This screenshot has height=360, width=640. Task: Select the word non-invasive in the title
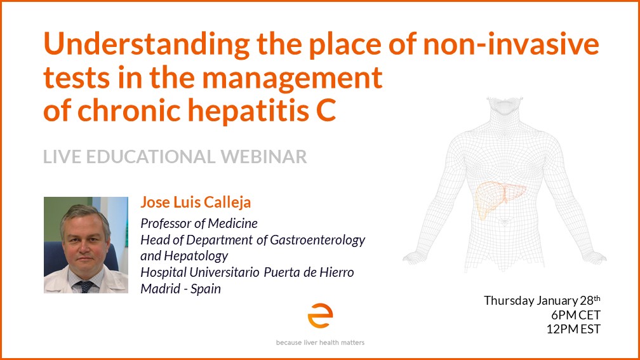511,44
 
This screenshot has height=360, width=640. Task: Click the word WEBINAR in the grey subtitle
263,157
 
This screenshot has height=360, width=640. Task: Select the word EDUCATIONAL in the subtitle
150,157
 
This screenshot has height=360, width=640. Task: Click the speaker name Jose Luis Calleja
196,202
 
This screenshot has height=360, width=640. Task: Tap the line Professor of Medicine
199,223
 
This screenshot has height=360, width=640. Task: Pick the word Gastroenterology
317,241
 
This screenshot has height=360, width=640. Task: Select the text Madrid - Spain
180,289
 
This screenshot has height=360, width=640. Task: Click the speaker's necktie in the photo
85,286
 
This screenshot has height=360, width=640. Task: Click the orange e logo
320,315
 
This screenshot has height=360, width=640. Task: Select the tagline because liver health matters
320,342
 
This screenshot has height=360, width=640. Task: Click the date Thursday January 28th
542,300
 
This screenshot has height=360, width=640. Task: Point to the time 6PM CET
575,315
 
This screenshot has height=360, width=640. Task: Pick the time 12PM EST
573,329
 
